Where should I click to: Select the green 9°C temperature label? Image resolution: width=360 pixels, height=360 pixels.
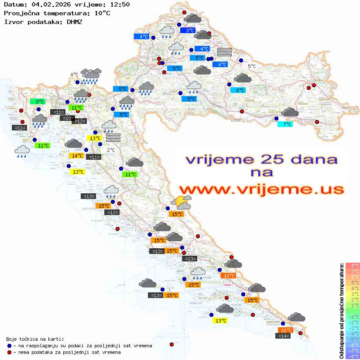click(38, 102)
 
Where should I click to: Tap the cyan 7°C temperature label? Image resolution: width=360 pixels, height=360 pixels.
click(285, 124)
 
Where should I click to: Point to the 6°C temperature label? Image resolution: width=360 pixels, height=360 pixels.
click(238, 90)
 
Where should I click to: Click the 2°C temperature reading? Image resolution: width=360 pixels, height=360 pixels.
click(111, 150)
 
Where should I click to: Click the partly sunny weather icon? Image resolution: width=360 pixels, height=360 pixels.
click(181, 202)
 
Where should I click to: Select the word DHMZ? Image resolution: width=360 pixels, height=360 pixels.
click(74, 21)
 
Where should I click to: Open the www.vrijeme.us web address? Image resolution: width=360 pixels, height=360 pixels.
click(261, 189)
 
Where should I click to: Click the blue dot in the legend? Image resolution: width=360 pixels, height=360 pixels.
click(9, 346)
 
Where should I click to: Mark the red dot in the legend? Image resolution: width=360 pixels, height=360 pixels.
click(9, 352)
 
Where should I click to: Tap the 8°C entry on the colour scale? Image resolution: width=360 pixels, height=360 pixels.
click(352, 266)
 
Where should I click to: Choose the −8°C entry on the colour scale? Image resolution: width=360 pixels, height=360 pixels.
click(352, 357)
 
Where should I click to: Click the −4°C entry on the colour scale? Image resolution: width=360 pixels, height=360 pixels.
click(352, 334)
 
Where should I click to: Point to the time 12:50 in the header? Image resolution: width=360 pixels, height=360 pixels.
click(120, 4)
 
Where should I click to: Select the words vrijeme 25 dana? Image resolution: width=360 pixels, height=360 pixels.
click(261, 159)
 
